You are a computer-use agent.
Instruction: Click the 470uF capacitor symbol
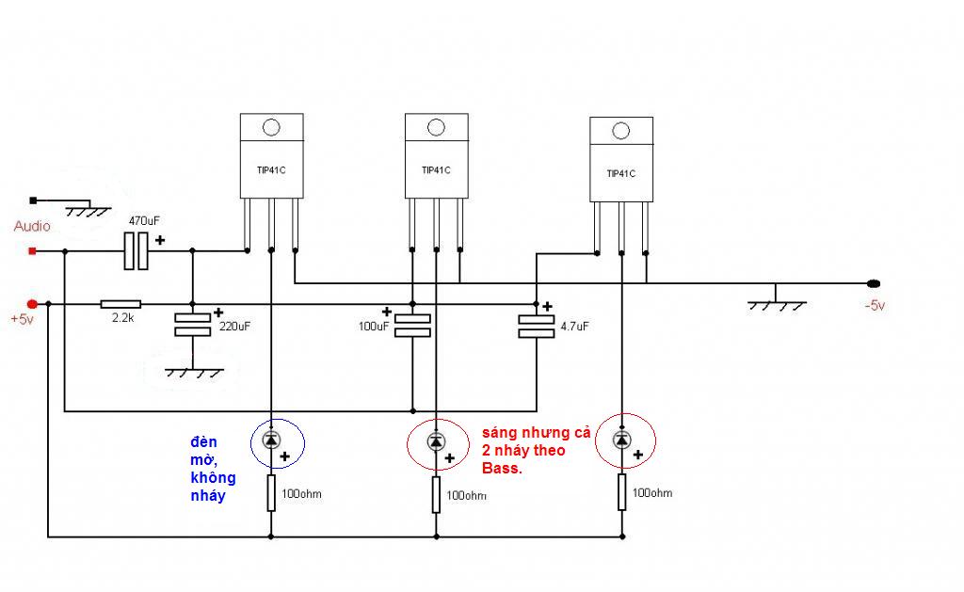pyautogui.click(x=136, y=250)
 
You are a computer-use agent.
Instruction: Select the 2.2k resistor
pyautogui.click(x=120, y=304)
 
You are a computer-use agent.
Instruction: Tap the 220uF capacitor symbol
pyautogui.click(x=192, y=325)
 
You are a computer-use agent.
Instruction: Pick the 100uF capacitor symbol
pyautogui.click(x=412, y=326)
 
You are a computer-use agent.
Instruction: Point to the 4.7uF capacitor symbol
pyautogui.click(x=536, y=327)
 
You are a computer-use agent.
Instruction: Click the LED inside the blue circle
pyautogui.click(x=271, y=440)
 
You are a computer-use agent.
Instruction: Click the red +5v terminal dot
pyautogui.click(x=32, y=304)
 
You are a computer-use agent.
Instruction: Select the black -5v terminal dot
pyautogui.click(x=873, y=283)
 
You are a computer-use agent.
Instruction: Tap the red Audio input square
pyautogui.click(x=33, y=250)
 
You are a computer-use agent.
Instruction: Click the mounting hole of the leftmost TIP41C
pyautogui.click(x=271, y=127)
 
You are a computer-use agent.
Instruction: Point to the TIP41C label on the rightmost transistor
pyautogui.click(x=621, y=173)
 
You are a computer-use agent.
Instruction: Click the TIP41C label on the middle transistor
pyautogui.click(x=436, y=169)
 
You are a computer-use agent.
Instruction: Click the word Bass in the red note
pyautogui.click(x=501, y=469)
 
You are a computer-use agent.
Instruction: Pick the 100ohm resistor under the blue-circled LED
pyautogui.click(x=271, y=492)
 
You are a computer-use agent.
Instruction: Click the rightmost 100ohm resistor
pyautogui.click(x=621, y=492)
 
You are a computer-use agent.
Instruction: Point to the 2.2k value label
pyautogui.click(x=123, y=317)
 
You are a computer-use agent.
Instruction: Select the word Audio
pyautogui.click(x=32, y=226)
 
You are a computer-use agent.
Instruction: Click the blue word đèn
pyautogui.click(x=203, y=442)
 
